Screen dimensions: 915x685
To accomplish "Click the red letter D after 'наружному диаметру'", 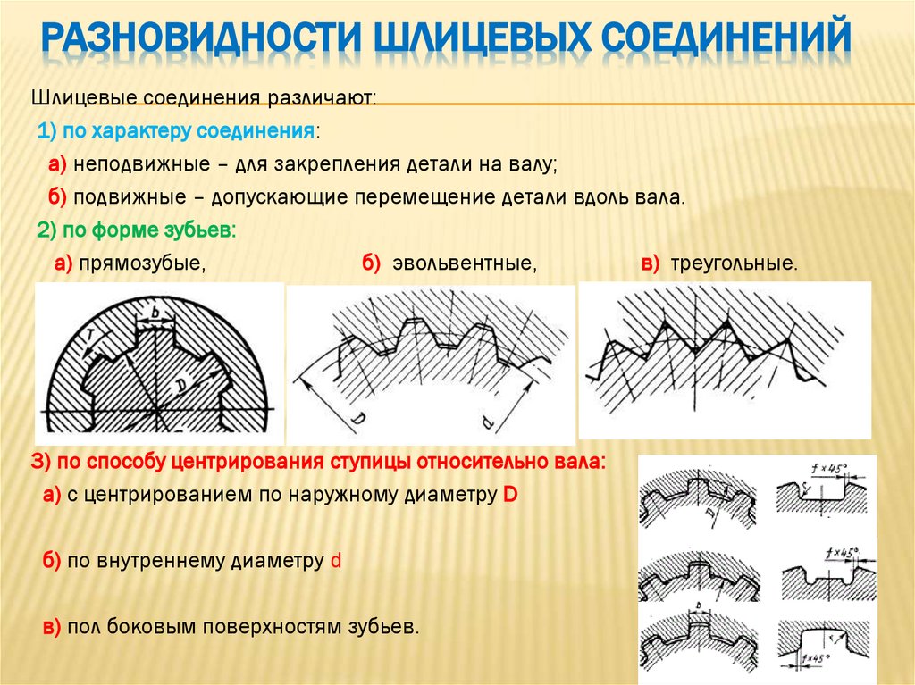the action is click(510, 495).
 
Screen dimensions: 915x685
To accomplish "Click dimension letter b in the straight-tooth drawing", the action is click(155, 310).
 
